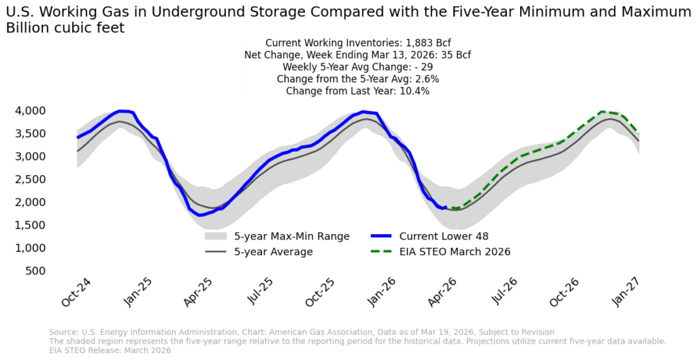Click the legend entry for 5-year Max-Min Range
click(291, 237)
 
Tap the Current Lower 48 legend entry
click(444, 237)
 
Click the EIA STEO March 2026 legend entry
click(455, 252)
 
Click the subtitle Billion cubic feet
click(65, 28)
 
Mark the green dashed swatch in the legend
click(383, 252)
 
